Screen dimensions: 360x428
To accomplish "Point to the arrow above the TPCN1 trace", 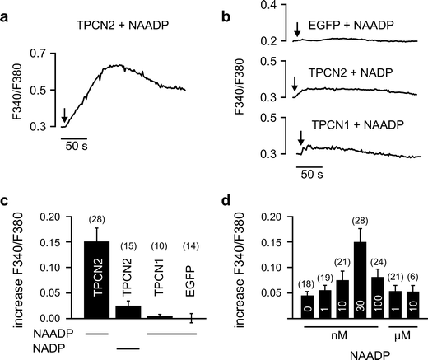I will [x=300, y=137].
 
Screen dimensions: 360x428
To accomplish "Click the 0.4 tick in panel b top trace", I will [x=266, y=6].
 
